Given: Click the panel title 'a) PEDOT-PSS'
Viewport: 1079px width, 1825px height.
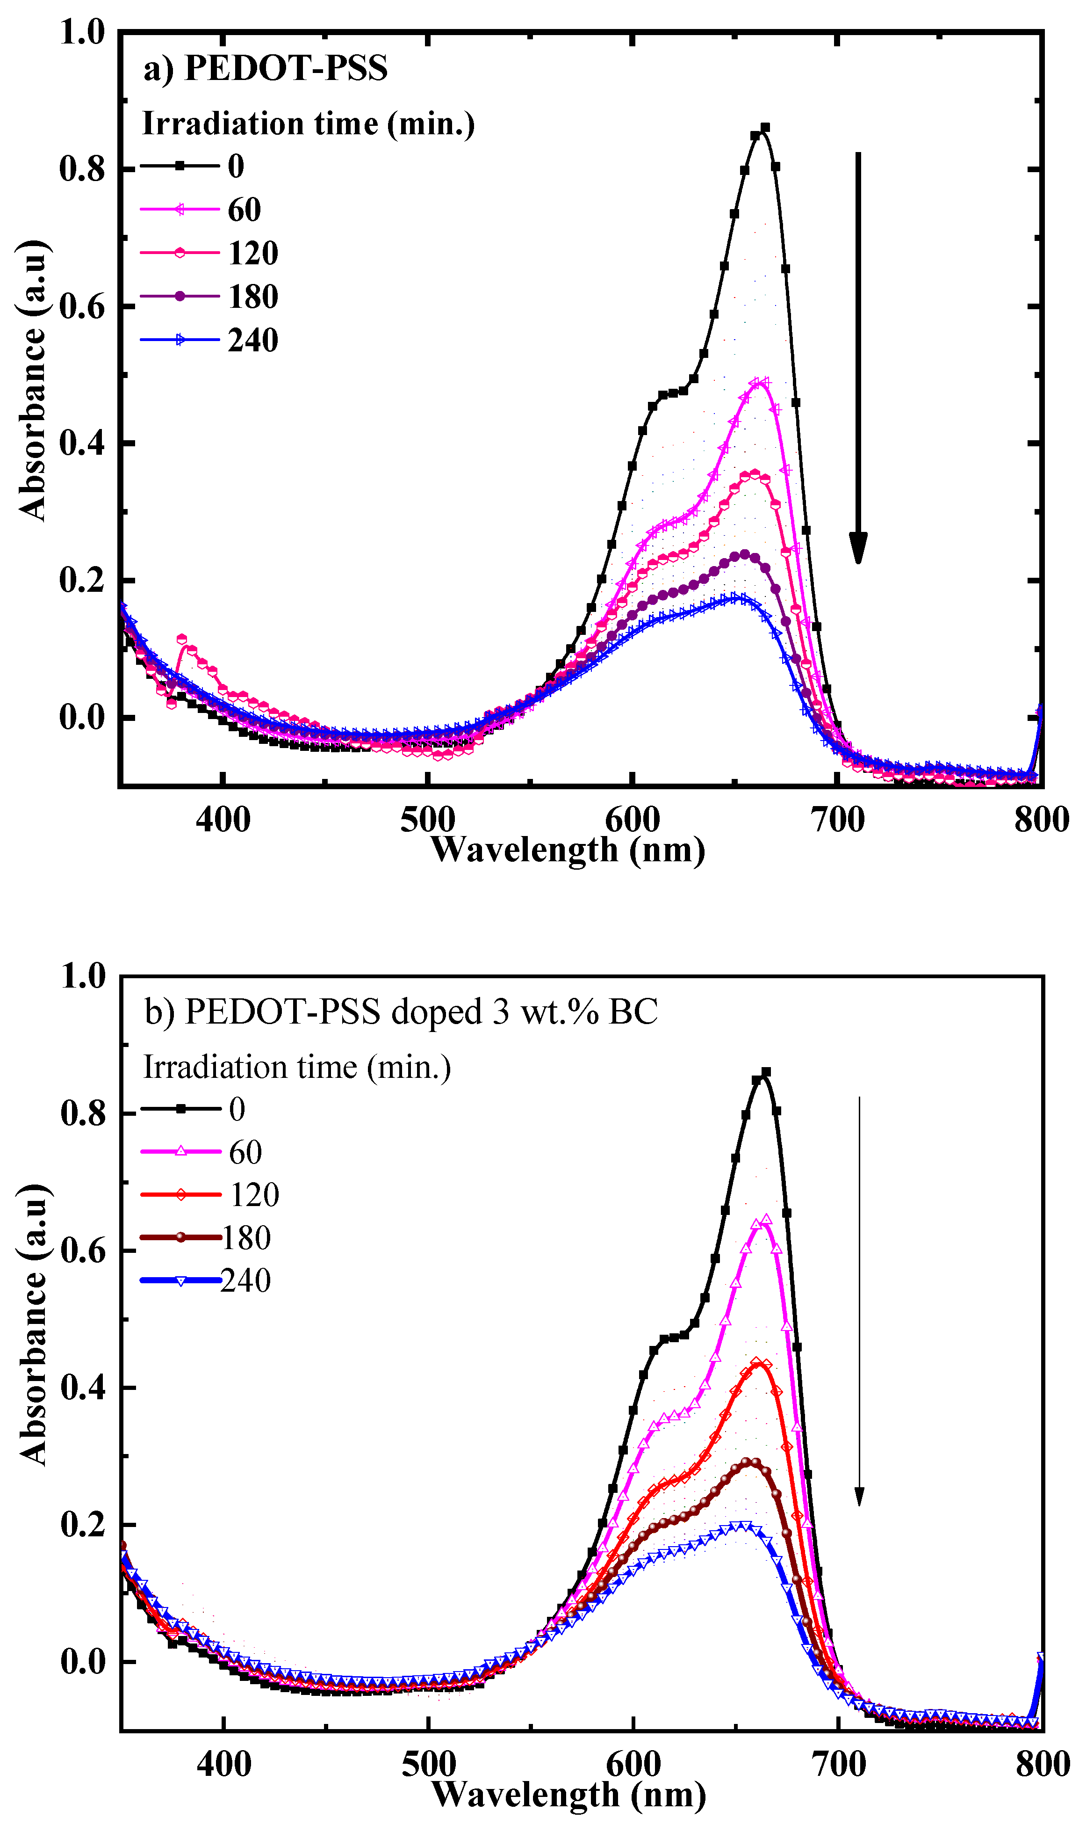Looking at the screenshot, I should tap(266, 68).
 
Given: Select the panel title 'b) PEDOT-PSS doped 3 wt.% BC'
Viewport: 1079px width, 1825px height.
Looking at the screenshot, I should tap(401, 1012).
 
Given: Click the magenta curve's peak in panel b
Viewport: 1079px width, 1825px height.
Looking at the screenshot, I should tap(765, 1219).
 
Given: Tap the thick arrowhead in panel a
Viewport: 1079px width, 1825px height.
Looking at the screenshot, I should tap(858, 547).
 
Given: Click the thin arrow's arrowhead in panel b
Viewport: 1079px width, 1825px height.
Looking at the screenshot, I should tap(859, 1496).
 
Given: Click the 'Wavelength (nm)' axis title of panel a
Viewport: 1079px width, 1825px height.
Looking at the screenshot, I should tap(568, 850).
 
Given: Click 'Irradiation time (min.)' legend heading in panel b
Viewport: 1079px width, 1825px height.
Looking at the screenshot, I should tap(297, 1067).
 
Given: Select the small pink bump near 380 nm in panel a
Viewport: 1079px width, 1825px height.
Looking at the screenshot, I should tap(182, 640).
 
